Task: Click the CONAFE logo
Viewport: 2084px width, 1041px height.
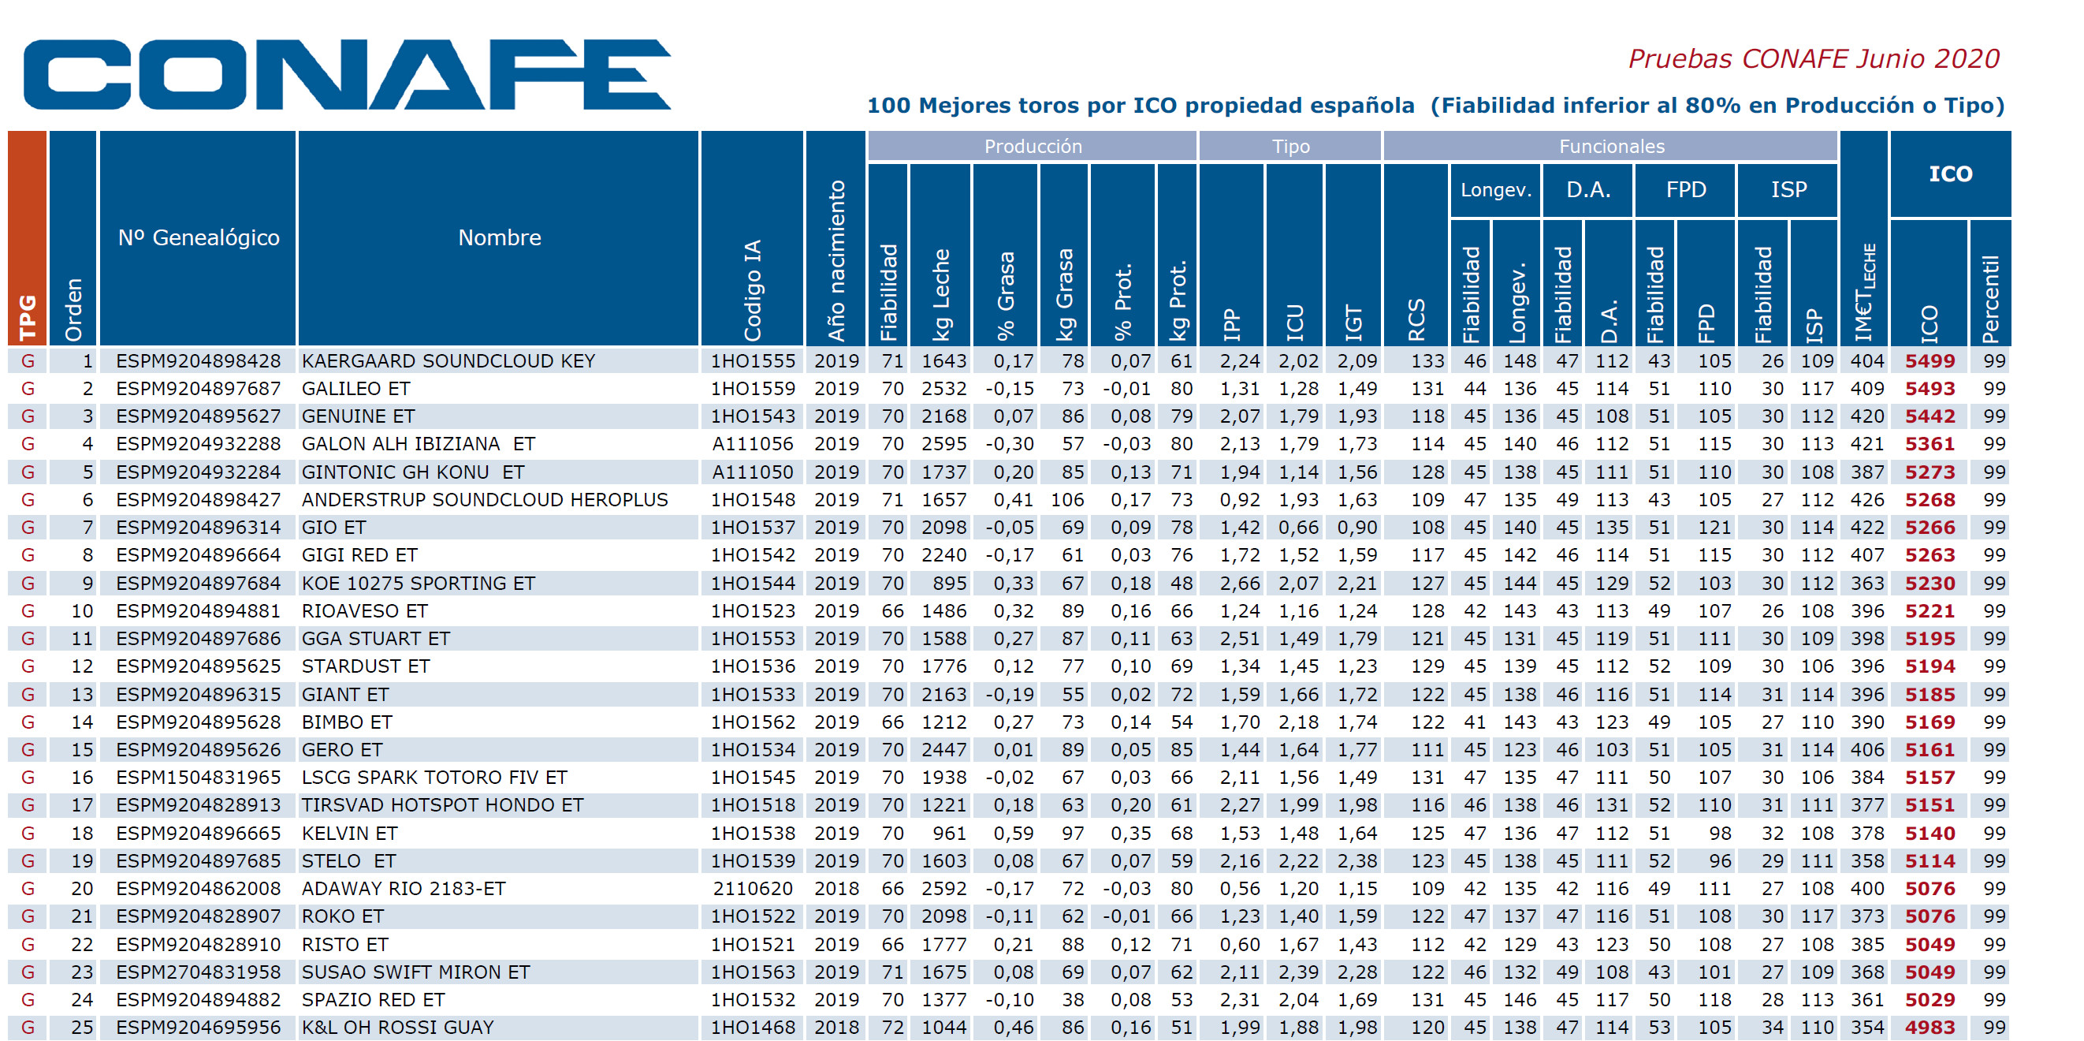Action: [347, 74]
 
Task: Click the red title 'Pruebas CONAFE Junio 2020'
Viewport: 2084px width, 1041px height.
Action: [1813, 59]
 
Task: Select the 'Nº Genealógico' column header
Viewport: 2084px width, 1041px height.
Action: [198, 237]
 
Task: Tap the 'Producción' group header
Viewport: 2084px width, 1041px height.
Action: [1033, 147]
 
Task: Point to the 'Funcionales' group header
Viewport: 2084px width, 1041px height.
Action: [1611, 147]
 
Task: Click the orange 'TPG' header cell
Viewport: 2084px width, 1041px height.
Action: [28, 238]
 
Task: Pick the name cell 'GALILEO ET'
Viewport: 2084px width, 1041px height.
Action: [356, 389]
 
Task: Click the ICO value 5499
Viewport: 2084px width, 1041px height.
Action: [1930, 361]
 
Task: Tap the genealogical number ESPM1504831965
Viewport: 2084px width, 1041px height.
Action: [198, 777]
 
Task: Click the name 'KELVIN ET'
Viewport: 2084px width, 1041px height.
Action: [349, 833]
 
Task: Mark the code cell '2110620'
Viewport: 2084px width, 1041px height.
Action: [753, 889]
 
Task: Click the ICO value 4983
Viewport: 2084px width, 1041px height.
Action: [1930, 1028]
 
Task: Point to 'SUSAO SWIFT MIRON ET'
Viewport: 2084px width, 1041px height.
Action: [416, 972]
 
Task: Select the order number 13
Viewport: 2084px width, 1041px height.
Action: [83, 695]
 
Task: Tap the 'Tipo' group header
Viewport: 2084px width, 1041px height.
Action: [1290, 147]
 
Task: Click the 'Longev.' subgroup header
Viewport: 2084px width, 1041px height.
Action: [1495, 190]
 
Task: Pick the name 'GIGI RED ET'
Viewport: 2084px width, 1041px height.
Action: [359, 555]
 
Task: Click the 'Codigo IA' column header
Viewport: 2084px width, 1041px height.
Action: [753, 289]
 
